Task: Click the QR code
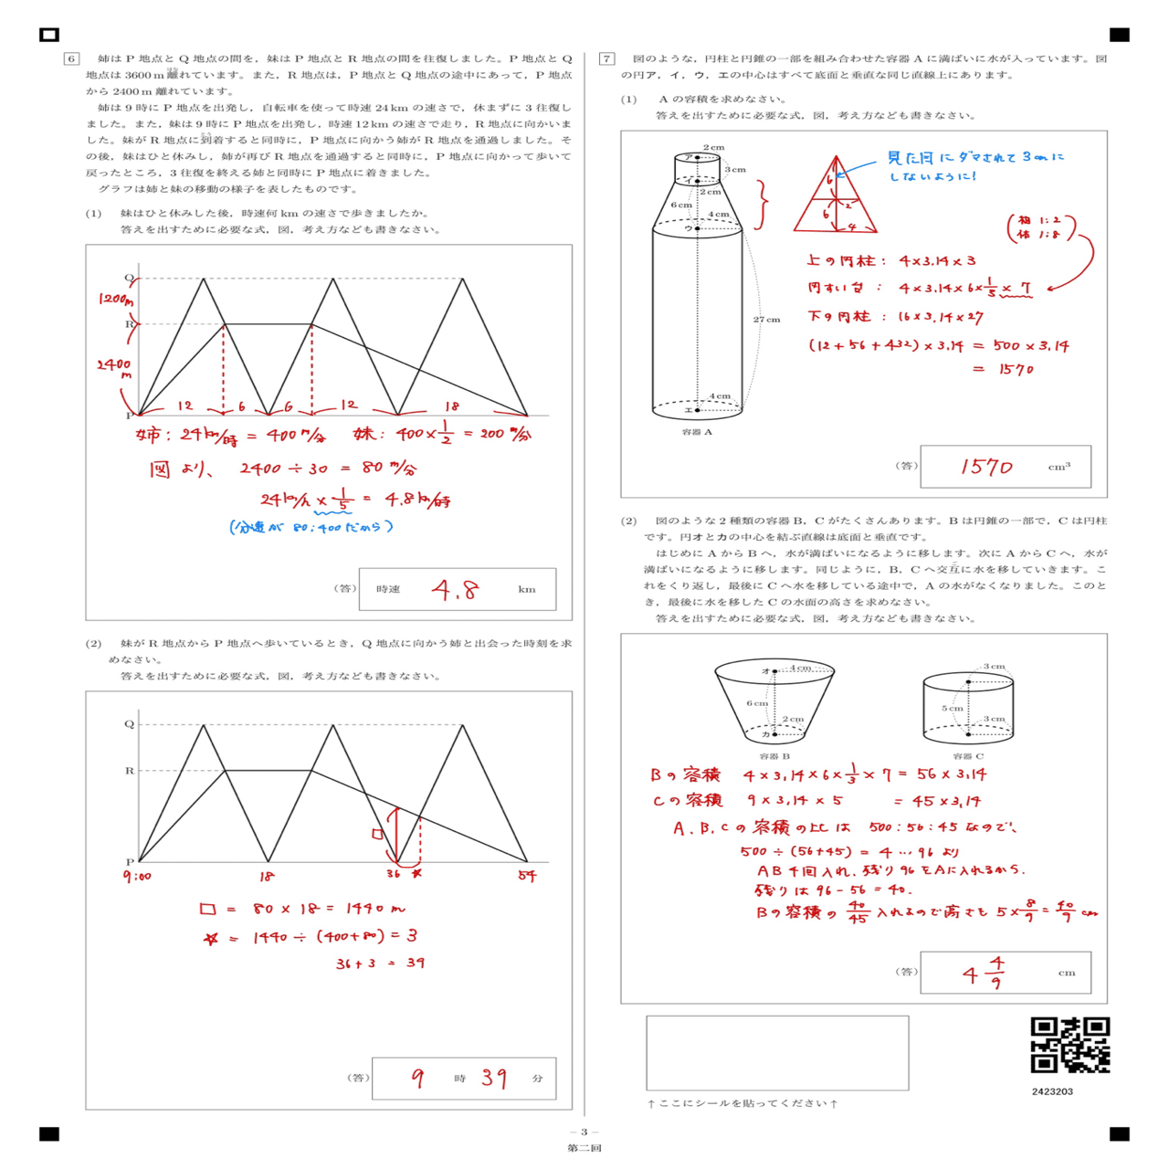[1070, 1045]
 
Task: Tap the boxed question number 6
[71, 58]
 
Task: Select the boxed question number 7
[606, 58]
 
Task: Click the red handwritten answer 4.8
[455, 590]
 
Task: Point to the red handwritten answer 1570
[986, 467]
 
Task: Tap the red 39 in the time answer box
[494, 1078]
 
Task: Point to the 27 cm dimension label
[766, 320]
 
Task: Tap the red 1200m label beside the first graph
[116, 300]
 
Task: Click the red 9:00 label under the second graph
[137, 877]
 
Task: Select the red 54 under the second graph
[527, 877]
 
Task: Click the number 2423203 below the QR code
[1052, 1091]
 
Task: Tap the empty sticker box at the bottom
[777, 1052]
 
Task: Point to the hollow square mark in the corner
[49, 35]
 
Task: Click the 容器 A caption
[697, 432]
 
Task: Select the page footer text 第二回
[584, 1148]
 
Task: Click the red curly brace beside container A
[762, 204]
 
